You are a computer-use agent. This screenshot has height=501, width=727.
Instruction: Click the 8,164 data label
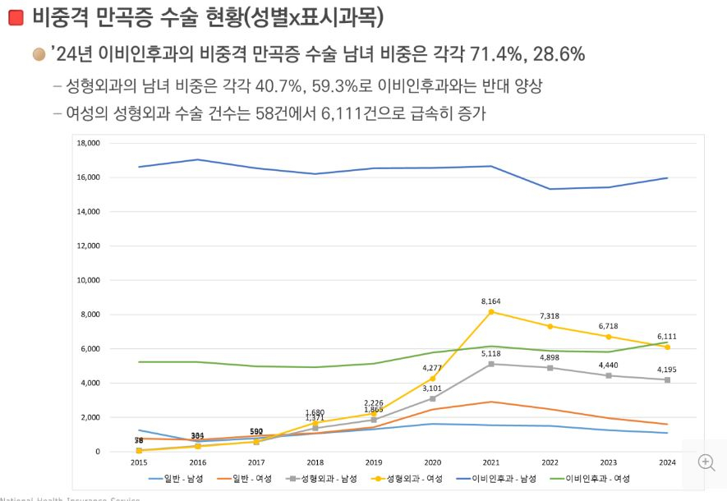point(490,301)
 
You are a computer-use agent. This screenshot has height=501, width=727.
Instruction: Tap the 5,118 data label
point(490,353)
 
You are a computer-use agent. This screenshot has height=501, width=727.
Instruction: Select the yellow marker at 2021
point(491,312)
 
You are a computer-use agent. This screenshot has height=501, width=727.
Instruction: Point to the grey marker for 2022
point(550,368)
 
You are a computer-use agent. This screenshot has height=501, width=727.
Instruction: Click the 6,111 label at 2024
point(667,337)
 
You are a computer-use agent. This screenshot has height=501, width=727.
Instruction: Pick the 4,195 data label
point(667,370)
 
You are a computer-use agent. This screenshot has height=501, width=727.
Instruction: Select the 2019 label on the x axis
point(374,463)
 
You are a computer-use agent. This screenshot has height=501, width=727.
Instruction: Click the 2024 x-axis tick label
point(667,463)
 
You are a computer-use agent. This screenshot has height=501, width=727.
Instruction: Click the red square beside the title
point(16,18)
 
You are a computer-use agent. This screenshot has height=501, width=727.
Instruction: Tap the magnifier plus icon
point(706,462)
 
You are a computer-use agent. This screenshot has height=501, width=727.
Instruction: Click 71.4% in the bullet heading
point(494,55)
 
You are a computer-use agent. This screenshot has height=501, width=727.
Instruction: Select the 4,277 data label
point(432,368)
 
